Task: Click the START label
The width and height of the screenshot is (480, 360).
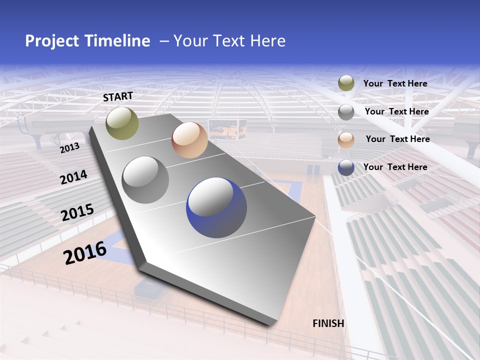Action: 118,96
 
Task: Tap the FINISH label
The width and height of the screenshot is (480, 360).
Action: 328,323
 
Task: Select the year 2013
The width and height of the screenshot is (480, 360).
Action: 70,148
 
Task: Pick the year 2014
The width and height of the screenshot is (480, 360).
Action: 73,177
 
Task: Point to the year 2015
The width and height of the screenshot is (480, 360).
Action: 77,212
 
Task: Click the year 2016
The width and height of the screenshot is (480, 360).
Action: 85,252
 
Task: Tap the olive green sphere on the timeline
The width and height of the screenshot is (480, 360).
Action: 122,123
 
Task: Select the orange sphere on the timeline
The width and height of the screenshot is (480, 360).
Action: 189,140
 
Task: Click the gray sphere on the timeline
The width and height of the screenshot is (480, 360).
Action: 145,180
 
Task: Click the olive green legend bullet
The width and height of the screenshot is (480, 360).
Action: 346,83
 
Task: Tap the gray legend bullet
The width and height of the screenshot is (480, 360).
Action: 346,112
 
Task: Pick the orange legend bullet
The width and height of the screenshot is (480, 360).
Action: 346,140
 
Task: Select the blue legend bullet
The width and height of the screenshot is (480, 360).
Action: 346,167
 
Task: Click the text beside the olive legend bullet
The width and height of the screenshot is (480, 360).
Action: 395,83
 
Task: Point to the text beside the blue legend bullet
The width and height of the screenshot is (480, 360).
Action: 395,167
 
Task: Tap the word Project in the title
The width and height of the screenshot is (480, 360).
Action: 52,41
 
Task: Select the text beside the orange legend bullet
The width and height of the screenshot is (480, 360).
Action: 397,139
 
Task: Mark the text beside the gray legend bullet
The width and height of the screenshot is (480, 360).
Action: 396,111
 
